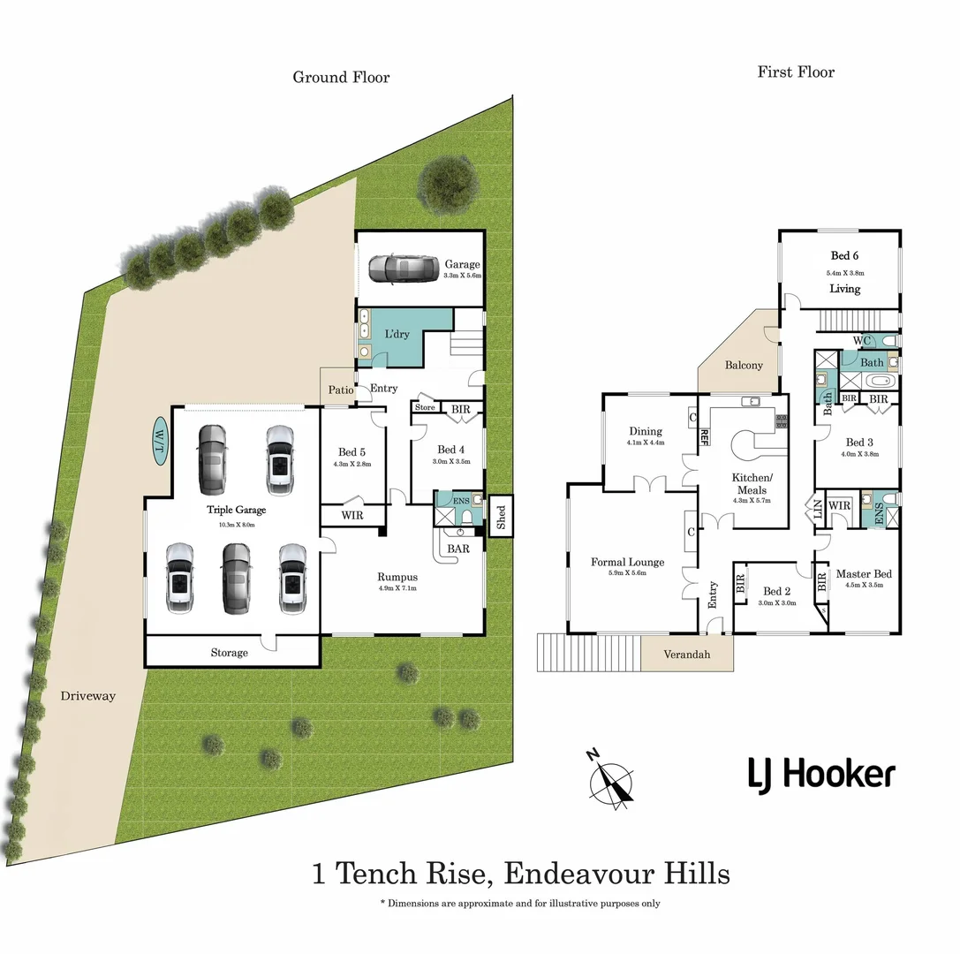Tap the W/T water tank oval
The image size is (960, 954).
[161, 439]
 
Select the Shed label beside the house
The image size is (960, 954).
[501, 516]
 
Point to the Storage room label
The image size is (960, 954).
[229, 653]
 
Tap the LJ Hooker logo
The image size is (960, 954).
[820, 775]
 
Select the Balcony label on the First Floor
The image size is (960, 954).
[744, 365]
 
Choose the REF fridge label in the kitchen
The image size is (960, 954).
[705, 435]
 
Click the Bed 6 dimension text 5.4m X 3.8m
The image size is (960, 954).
[843, 272]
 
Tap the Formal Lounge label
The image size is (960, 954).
[629, 562]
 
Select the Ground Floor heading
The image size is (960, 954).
[341, 77]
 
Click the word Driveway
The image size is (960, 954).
[88, 696]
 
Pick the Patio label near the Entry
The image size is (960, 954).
[341, 389]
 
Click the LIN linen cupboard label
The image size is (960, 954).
[818, 509]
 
